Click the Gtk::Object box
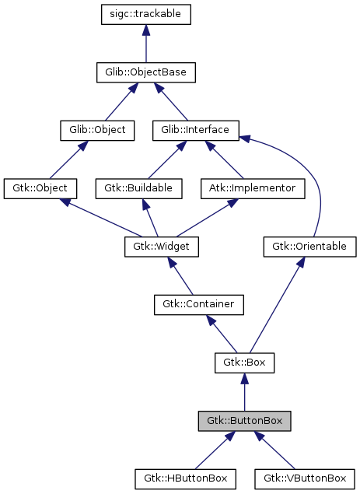pyautogui.click(x=40, y=188)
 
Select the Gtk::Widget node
pyautogui.click(x=162, y=247)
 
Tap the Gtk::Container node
pyautogui.click(x=198, y=304)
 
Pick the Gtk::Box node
pyautogui.click(x=244, y=363)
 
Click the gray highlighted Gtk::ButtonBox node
pyautogui.click(x=244, y=421)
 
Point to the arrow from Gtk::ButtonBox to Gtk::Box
pyautogui.click(x=244, y=392)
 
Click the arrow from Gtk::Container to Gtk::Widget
pyautogui.click(x=180, y=275)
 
